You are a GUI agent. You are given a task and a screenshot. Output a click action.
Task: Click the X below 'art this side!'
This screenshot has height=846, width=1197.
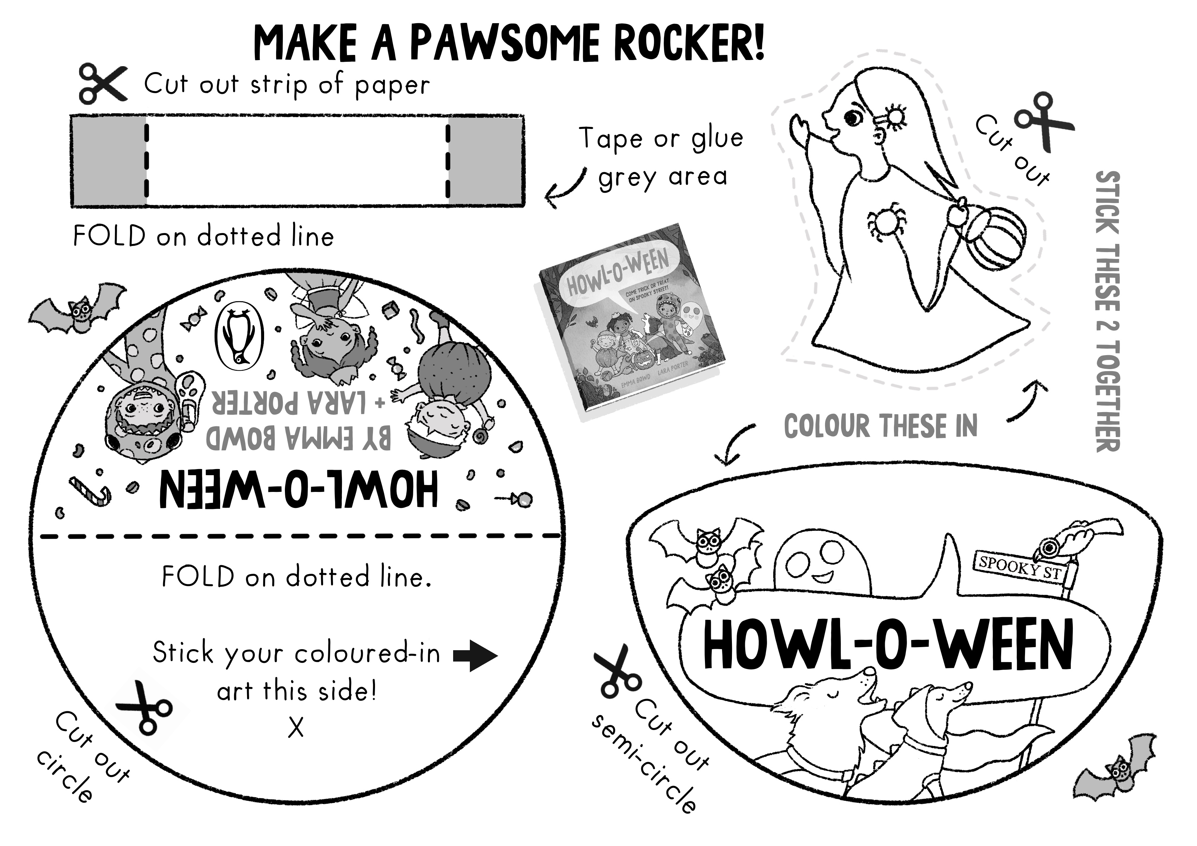pos(295,727)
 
